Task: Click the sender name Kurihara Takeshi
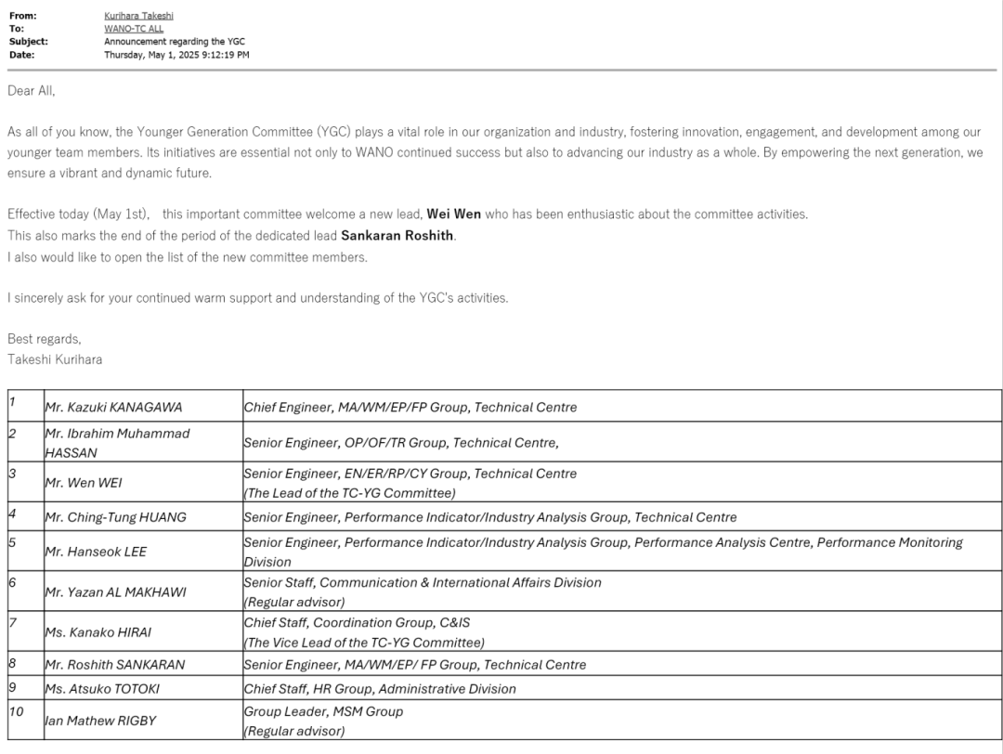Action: coord(138,16)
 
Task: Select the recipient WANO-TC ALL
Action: coord(133,29)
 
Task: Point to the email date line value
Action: coord(176,55)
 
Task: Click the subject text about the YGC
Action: coord(175,42)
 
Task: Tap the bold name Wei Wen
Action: coord(453,214)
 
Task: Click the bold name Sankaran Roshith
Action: coord(397,236)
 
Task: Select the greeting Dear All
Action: coord(32,90)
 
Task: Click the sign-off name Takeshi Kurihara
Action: coord(54,359)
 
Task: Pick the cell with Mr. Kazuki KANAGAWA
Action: coord(113,408)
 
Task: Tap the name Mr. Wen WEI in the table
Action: coord(84,483)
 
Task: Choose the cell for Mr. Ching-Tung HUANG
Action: coord(115,517)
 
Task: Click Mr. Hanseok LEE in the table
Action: coord(96,552)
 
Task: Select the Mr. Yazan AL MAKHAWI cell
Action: coord(115,592)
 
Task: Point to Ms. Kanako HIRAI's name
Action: coord(98,632)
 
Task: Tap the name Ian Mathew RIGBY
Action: coord(101,721)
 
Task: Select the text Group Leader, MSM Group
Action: coord(323,711)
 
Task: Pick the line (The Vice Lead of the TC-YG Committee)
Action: coord(363,643)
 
